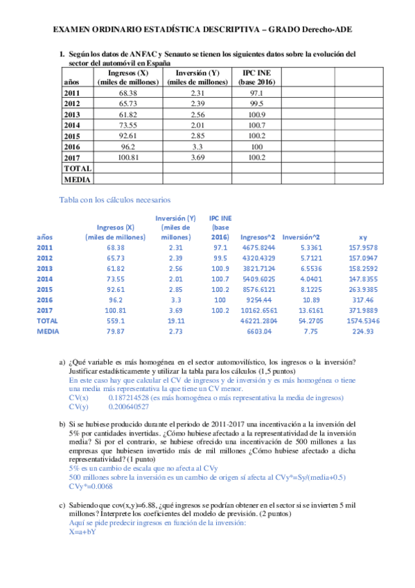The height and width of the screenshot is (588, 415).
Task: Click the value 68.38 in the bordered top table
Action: click(x=127, y=92)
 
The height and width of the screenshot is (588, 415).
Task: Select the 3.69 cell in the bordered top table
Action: click(x=197, y=158)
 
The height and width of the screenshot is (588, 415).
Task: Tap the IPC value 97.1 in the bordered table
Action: click(x=256, y=92)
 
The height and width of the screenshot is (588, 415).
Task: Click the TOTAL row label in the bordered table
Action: click(x=77, y=168)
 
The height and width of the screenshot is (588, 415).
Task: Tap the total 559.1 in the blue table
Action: click(x=115, y=321)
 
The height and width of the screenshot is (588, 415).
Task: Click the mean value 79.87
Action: click(x=116, y=331)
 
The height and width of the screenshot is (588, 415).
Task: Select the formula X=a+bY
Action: click(x=82, y=533)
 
